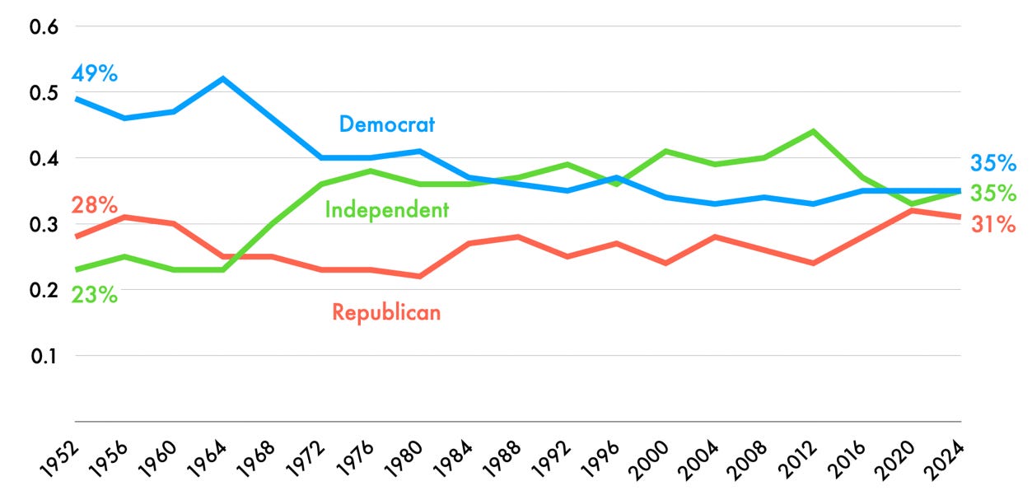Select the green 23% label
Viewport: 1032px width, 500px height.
94,294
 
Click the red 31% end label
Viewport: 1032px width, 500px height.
993,223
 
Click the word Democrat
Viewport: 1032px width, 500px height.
387,124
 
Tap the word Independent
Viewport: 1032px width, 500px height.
387,210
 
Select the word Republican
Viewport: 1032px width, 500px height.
386,312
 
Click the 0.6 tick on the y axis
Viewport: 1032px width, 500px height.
44,26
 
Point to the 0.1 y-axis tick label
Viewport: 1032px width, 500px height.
44,356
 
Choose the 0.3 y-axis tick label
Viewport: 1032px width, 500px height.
44,224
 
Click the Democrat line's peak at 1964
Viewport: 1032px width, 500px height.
223,79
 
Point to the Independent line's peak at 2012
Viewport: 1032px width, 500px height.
813,132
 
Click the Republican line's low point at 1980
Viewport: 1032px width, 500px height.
420,276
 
